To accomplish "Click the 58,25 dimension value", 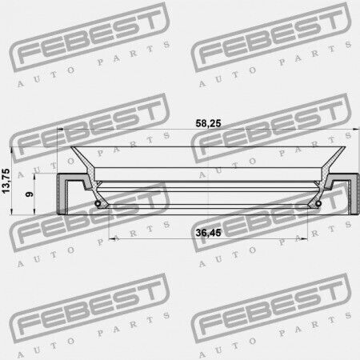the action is pos(208,123).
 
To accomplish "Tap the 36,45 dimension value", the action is pos(208,233).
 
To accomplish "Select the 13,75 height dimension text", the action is pos(6,181).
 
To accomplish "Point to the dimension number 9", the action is pos(30,194).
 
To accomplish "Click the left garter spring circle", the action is pos(98,204).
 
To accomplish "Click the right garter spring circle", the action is pos(318,204).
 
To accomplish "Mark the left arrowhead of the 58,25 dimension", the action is pos(60,130).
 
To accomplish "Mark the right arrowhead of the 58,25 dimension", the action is pos(356,130).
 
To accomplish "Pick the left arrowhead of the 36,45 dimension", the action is pos(112,238).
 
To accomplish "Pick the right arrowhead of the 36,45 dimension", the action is pos(304,238).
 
